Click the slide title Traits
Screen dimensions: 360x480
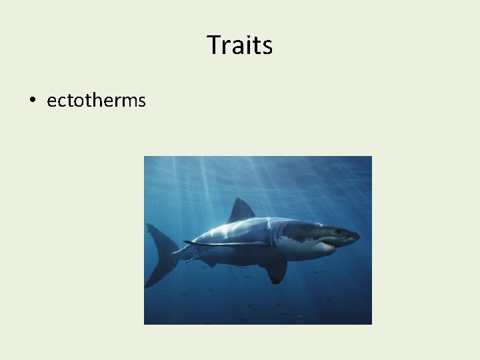pyautogui.click(x=239, y=45)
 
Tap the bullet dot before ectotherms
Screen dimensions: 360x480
pyautogui.click(x=31, y=101)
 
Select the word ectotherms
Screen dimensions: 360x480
pyautogui.click(x=96, y=101)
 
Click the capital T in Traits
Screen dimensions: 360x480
pyautogui.click(x=213, y=45)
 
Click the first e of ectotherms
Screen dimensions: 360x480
pyautogui.click(x=51, y=101)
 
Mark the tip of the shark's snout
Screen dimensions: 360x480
pyautogui.click(x=358, y=235)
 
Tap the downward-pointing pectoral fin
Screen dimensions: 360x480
pyautogui.click(x=275, y=269)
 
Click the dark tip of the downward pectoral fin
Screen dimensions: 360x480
pyautogui.click(x=275, y=280)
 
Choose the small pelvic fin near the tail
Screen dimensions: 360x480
pyautogui.click(x=209, y=263)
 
